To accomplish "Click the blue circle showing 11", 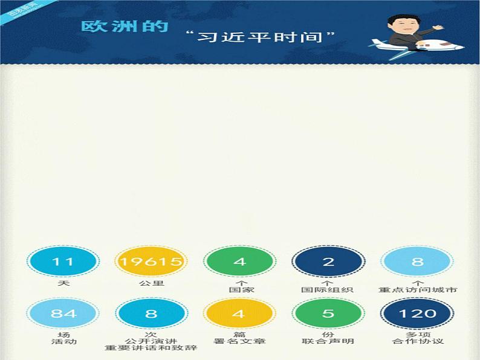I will (63, 262).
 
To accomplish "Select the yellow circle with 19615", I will (151, 262).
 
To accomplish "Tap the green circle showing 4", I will (239, 262).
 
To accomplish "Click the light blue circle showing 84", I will (63, 313).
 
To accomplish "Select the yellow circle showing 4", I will (239, 313).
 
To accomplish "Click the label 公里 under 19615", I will (151, 282).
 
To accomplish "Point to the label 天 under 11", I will (63, 282).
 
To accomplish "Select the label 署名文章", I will (239, 341).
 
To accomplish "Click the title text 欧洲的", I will (124, 28).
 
